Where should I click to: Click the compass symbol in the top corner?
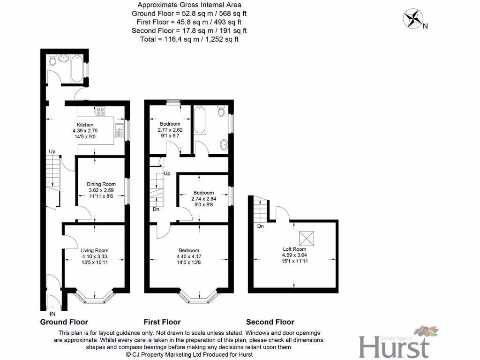point(413,19)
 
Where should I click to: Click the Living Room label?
point(94,250)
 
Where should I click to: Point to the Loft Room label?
point(294,249)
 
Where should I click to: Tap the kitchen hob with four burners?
point(100,112)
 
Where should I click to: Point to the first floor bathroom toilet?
point(222,112)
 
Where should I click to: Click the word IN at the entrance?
point(52,313)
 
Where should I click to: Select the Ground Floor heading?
point(64,322)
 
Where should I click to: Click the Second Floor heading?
point(270,322)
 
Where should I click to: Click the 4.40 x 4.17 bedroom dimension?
point(188,256)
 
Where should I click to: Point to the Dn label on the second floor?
point(261,226)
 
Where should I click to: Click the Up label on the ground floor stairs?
point(53,152)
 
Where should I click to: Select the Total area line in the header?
point(189,39)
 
